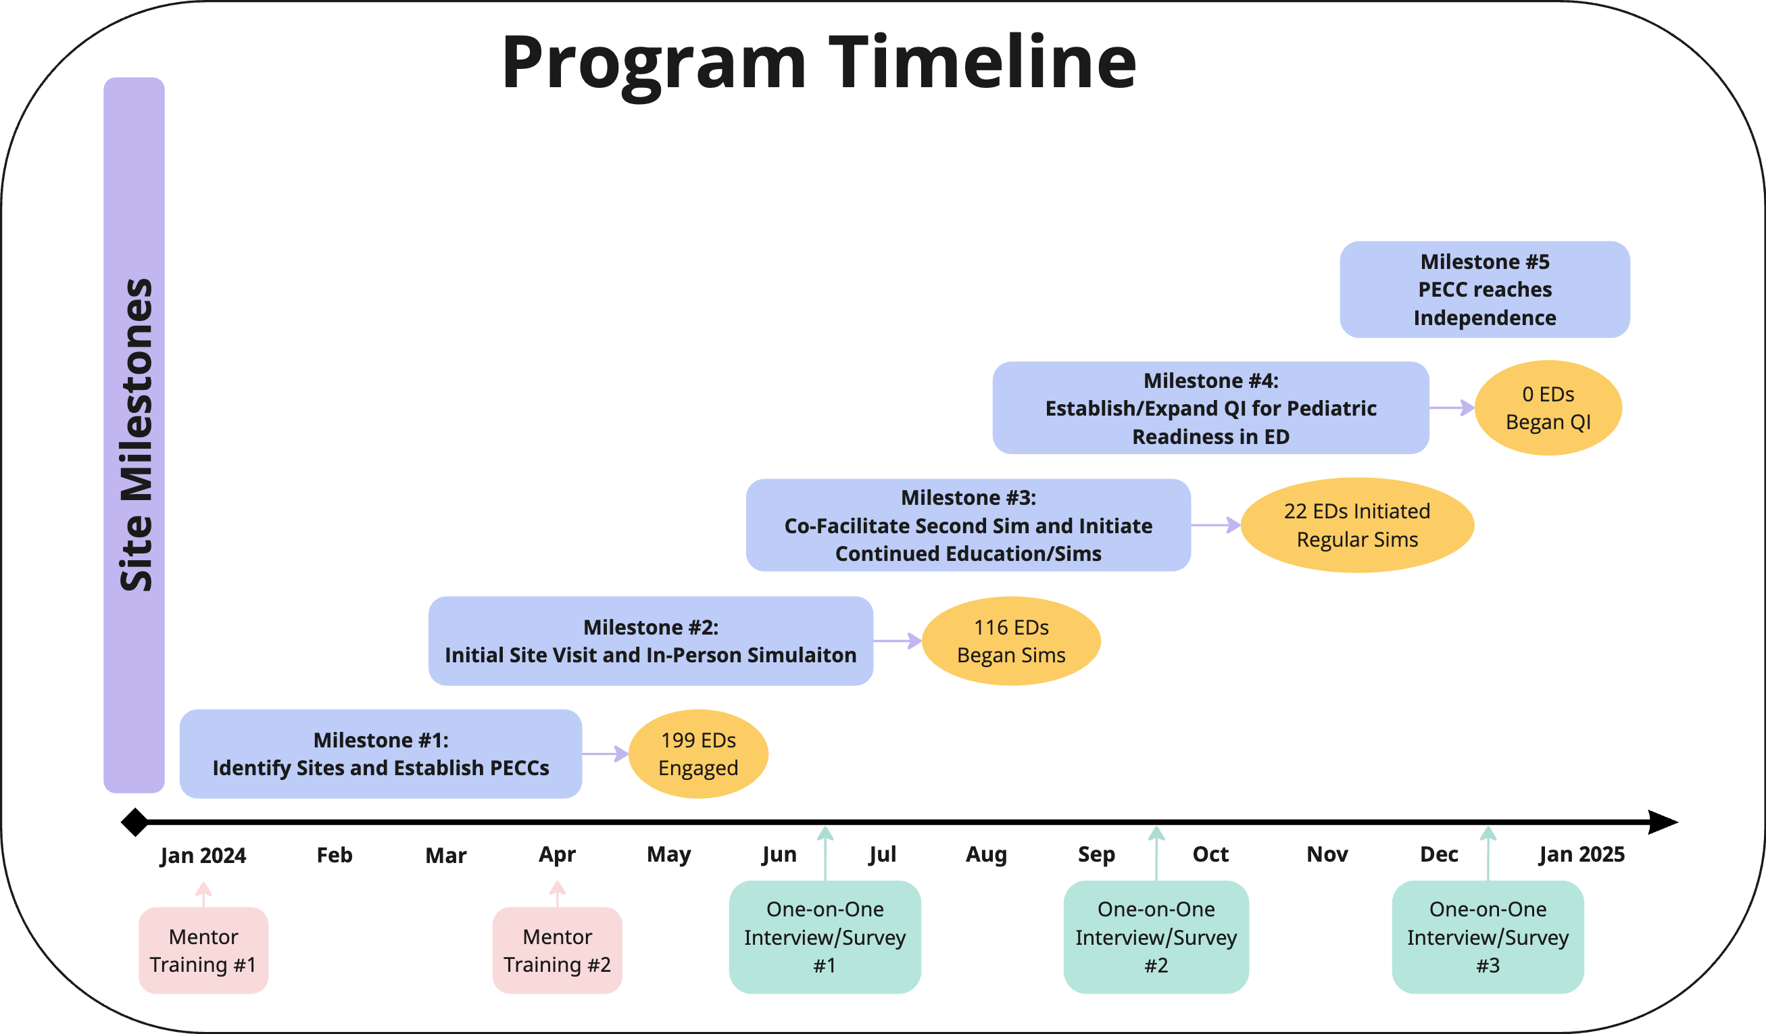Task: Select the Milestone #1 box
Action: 381,754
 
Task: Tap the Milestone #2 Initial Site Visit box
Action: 650,641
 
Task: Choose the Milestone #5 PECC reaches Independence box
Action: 1485,289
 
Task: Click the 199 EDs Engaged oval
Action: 698,754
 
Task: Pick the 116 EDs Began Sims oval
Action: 1011,641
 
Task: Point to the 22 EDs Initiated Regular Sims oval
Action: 1357,525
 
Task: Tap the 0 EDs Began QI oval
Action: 1549,408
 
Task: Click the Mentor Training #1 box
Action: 203,951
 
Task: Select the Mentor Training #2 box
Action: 557,951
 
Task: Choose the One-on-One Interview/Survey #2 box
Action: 1156,937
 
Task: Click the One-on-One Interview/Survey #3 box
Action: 1488,937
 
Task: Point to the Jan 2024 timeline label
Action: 203,856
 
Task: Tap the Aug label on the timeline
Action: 986,855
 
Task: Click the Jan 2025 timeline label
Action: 1581,855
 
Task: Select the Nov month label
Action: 1327,855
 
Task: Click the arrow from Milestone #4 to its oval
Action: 1452,408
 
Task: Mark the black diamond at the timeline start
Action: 135,822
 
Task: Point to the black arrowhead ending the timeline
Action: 1663,822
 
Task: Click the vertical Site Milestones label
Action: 136,435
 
